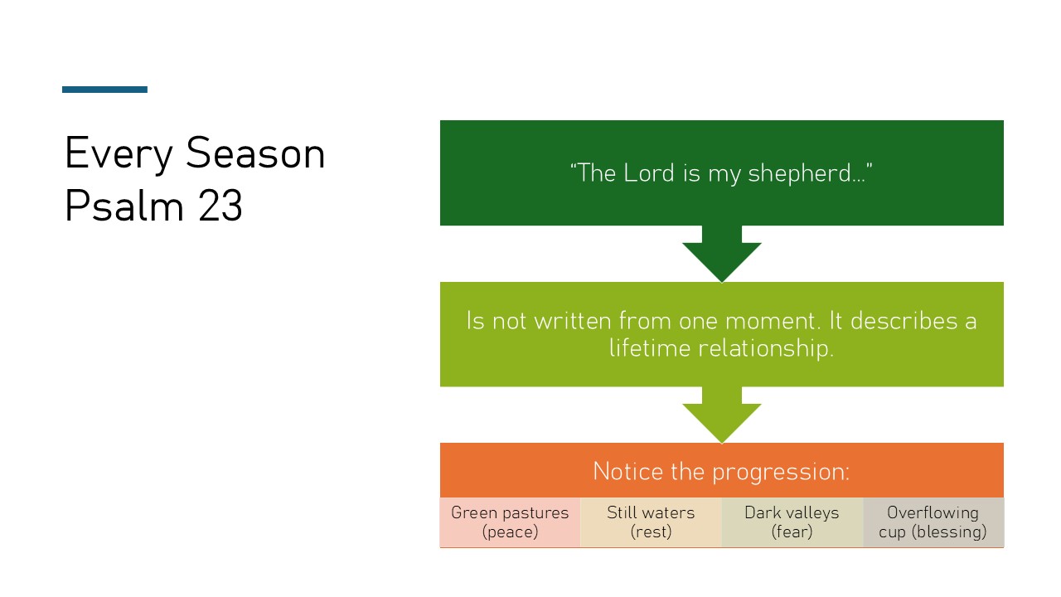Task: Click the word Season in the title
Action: pyautogui.click(x=254, y=153)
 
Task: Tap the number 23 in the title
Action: pyautogui.click(x=220, y=206)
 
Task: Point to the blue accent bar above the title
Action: pyautogui.click(x=104, y=90)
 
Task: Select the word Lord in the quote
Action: pyautogui.click(x=650, y=173)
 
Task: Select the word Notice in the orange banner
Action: pyautogui.click(x=627, y=471)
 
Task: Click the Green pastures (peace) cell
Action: pyautogui.click(x=510, y=522)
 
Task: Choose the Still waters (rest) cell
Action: pyautogui.click(x=651, y=522)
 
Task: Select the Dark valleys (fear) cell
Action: pyautogui.click(x=792, y=522)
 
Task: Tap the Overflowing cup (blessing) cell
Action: pyautogui.click(x=933, y=522)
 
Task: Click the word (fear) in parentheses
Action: pyautogui.click(x=792, y=532)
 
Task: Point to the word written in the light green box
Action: pyautogui.click(x=574, y=321)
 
